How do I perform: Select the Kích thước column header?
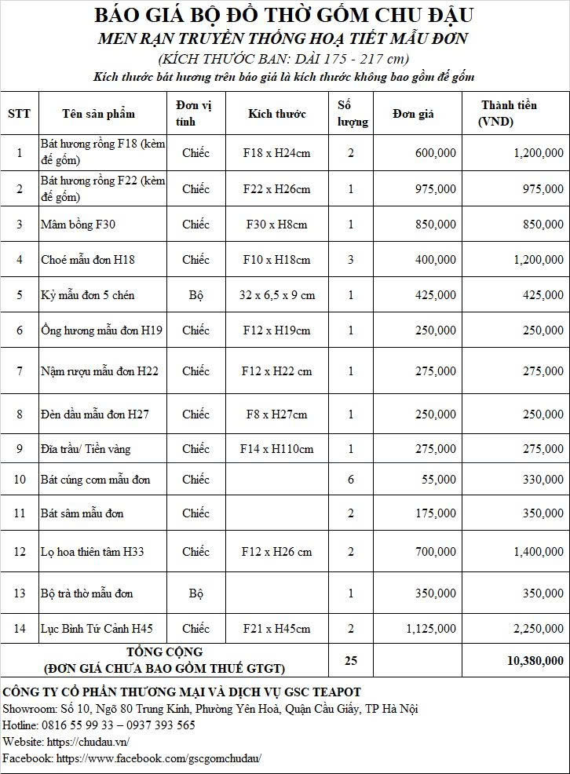pos(277,114)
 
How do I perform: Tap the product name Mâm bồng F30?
pos(79,225)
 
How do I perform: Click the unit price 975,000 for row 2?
pos(433,189)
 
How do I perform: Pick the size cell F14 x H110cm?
pos(277,449)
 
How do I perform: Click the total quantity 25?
pos(351,661)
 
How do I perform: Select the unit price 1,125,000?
pos(430,629)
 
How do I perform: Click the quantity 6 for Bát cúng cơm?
pos(351,480)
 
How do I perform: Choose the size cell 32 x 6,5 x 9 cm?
pos(277,295)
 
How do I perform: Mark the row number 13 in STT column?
pos(20,593)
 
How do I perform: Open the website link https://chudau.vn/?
pos(88,742)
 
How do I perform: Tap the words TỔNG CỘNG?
pos(165,652)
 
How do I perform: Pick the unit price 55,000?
pos(438,480)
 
